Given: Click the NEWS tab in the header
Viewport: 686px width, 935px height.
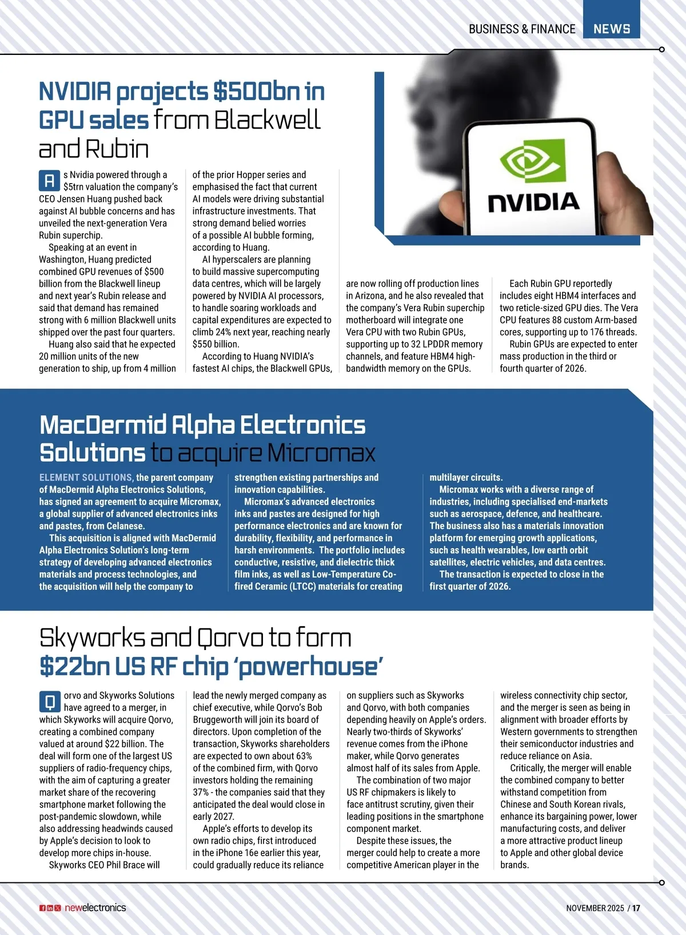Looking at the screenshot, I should tap(611, 29).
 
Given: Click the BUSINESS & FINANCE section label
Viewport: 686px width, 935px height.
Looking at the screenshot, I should tap(521, 29).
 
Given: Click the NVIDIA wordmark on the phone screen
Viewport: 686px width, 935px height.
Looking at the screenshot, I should tap(533, 202).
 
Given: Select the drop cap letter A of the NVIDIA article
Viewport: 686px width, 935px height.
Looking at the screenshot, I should tap(49, 181).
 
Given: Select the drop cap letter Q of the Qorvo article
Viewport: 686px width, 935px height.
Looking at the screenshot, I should tap(50, 702).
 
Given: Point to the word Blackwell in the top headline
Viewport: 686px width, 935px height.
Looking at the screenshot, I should tap(267, 120).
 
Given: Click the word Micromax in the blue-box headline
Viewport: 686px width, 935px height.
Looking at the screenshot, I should tap(321, 453).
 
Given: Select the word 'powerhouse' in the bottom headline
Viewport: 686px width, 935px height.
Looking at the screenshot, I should tap(309, 667).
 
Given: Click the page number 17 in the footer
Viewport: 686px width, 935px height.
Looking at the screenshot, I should tap(636, 908).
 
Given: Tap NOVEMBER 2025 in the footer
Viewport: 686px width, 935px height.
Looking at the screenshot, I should tap(595, 908).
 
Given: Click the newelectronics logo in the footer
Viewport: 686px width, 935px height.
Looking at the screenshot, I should tap(95, 908).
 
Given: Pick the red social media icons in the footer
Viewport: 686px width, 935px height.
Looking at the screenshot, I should tap(50, 908).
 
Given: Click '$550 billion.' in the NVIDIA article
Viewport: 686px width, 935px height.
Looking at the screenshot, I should tap(216, 344).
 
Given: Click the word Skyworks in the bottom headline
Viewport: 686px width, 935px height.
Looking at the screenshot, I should tap(91, 638).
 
